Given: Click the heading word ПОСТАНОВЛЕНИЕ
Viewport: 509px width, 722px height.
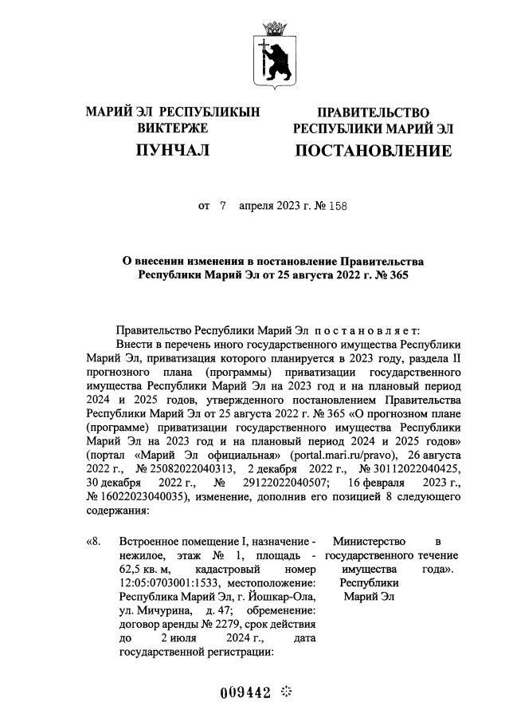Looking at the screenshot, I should point(373,151).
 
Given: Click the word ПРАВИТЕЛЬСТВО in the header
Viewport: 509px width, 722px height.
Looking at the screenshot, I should point(373,112).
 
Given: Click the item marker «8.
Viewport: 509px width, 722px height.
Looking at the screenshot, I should point(93,543).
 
